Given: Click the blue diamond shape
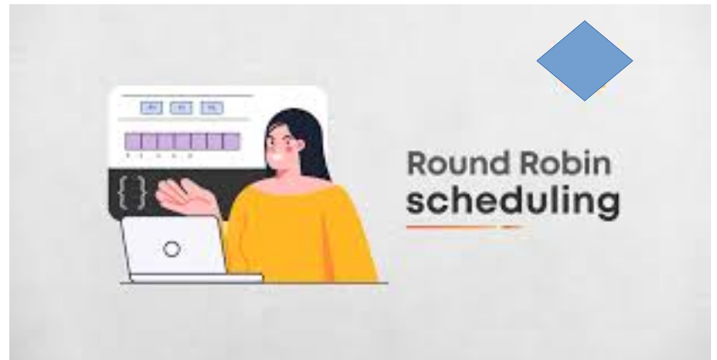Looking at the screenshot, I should coord(584,60).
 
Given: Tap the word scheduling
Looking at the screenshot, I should coord(512,203).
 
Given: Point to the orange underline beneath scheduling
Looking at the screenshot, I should coord(462,227).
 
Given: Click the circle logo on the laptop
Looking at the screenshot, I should coord(172,250).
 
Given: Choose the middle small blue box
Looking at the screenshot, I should coord(182,108).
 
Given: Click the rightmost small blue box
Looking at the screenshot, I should coord(212,108).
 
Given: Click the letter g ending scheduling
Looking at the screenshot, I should coord(608,207).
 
